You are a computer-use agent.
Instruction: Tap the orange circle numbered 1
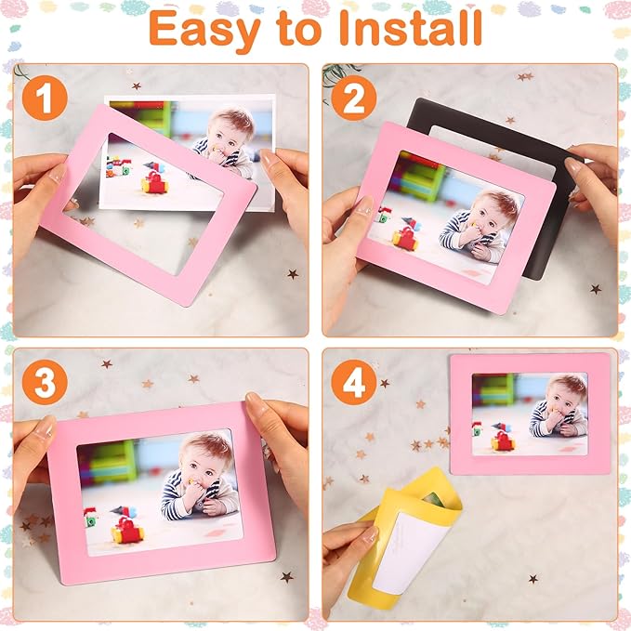(x=43, y=98)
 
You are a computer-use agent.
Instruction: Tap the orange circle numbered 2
(x=352, y=98)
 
